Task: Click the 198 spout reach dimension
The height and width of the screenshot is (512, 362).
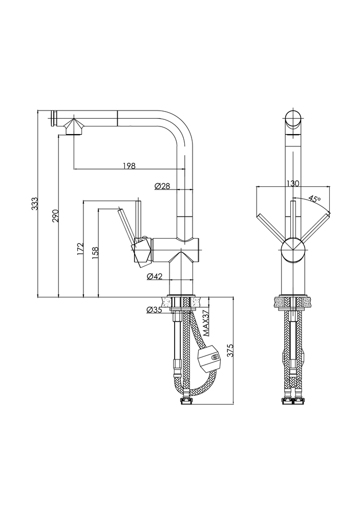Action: [x=129, y=165]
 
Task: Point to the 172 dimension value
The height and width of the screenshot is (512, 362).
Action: [x=80, y=249]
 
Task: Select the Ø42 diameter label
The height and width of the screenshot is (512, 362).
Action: [x=155, y=276]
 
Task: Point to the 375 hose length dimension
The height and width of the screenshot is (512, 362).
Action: [x=230, y=350]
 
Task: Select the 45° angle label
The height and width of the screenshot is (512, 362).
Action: [x=314, y=199]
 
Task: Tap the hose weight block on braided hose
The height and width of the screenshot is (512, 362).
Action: [x=208, y=359]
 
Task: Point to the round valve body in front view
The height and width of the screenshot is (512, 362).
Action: [x=293, y=250]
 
